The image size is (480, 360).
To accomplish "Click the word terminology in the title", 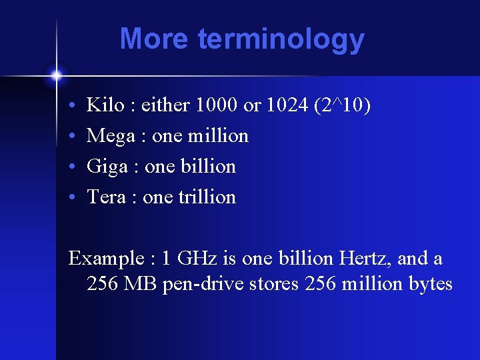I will pos(281,40).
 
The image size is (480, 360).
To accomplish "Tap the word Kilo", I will pos(105,105).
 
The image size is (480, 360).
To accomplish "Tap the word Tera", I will pos(107,197).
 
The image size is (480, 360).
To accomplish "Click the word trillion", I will pos(207,197).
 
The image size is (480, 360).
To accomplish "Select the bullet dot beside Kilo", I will pos(71,106).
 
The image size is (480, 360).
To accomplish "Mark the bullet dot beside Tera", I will pos(71,198).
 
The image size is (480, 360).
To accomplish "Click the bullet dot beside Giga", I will pos(71,167).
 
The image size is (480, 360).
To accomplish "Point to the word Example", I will pos(106,259).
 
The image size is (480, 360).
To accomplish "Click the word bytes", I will pos(430,284).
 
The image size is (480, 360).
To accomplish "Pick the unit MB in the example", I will pos(139,284).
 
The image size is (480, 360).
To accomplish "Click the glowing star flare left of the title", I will pos(56,75).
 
